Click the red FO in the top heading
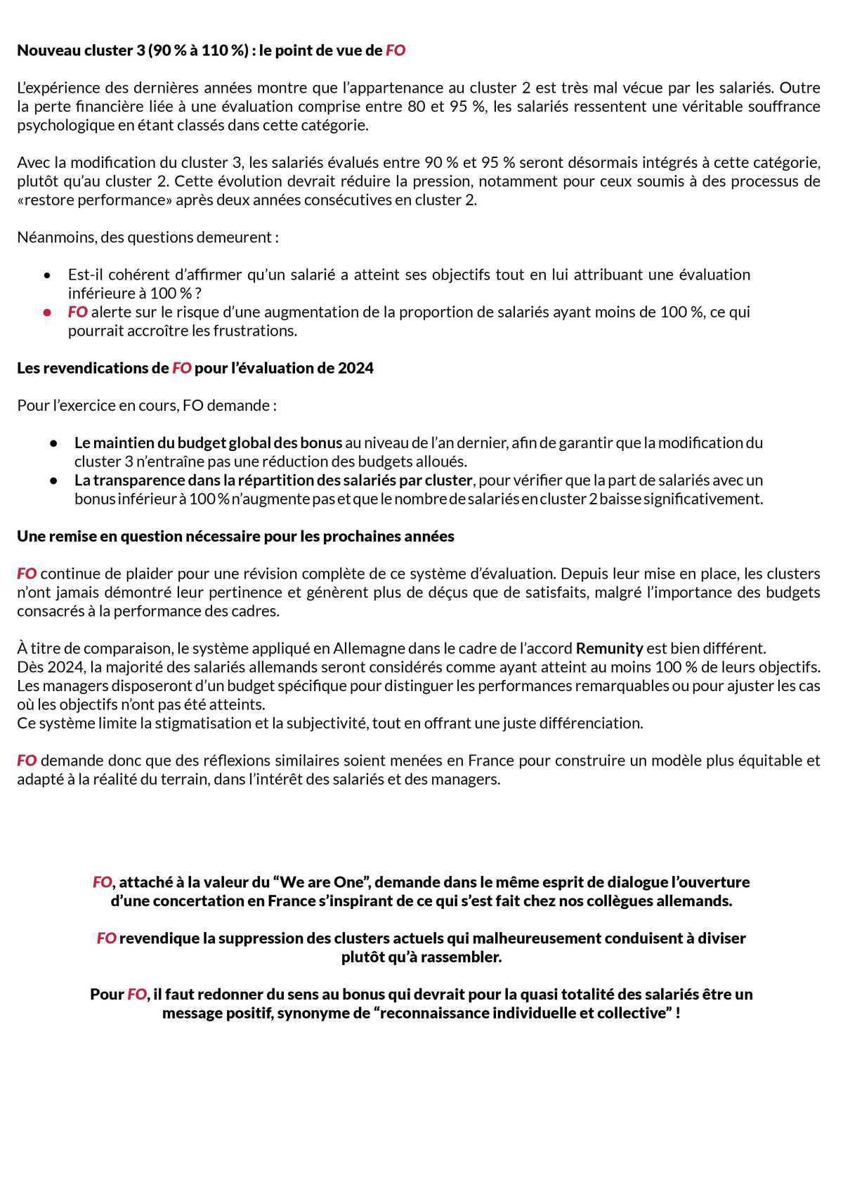coord(396,51)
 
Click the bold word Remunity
coord(609,648)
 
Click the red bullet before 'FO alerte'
coord(47,312)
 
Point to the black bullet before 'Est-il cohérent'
coord(47,275)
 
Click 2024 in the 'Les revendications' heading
coord(355,368)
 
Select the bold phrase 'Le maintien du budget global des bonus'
coord(208,443)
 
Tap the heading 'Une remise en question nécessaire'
coord(235,536)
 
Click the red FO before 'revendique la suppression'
coord(106,938)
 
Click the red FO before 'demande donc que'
coord(27,760)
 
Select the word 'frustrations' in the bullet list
coord(256,330)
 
